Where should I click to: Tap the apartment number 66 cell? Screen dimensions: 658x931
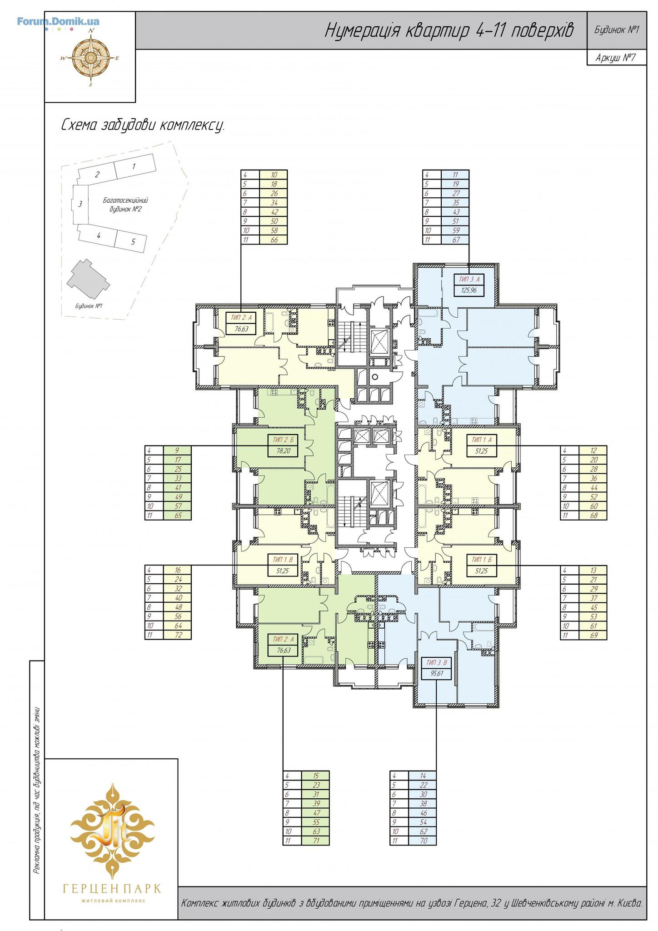(x=274, y=240)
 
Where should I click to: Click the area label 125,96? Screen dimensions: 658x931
(x=470, y=290)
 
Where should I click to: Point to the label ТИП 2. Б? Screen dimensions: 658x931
(x=283, y=440)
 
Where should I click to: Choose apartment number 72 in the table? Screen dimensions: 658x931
(x=178, y=635)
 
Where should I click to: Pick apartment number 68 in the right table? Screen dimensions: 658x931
(x=593, y=516)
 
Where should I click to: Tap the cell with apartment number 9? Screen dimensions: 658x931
(x=178, y=450)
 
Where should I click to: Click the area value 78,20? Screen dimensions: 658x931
(x=283, y=451)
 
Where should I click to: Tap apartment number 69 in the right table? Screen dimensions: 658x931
(x=593, y=635)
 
